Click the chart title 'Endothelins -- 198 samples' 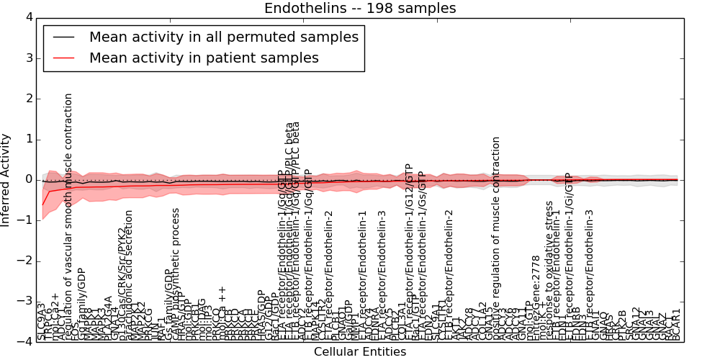(360, 8)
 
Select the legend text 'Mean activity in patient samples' (204, 58)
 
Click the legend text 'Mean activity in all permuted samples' (223, 37)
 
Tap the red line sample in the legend (63, 58)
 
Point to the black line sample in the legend (63, 37)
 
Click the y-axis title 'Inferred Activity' (6, 180)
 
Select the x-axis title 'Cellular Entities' (360, 352)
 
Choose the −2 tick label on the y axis (25, 261)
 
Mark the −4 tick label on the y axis (25, 341)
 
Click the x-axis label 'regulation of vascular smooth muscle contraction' (69, 216)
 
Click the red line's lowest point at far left (42, 205)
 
